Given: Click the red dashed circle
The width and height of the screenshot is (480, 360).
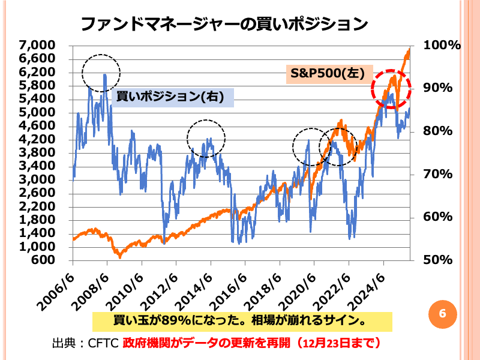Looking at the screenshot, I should (x=391, y=88).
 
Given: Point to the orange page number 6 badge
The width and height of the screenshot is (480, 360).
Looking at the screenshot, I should (x=442, y=313).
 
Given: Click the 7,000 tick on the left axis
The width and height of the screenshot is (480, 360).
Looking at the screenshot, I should (x=37, y=45).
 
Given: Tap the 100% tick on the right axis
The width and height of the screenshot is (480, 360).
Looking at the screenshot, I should (x=442, y=45).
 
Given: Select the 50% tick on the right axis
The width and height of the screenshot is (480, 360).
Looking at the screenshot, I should (x=442, y=260).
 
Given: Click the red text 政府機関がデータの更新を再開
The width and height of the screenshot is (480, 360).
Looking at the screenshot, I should (x=206, y=343).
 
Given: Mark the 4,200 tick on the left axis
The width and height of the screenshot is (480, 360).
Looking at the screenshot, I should (x=37, y=139).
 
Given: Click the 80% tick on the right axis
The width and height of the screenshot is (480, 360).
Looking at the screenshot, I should (x=442, y=131).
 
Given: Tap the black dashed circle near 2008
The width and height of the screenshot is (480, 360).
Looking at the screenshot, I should (x=101, y=73).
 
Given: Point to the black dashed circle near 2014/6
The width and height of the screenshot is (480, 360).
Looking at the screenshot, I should (x=206, y=139).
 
